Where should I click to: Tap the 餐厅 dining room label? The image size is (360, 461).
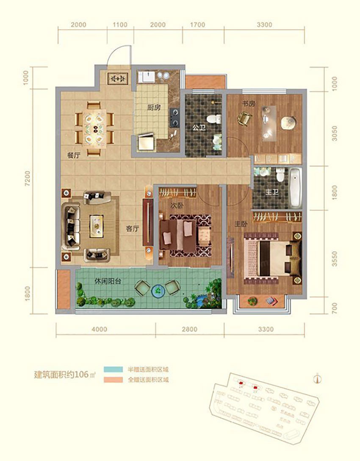click(74, 155)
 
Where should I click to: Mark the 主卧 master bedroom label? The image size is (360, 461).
click(241, 225)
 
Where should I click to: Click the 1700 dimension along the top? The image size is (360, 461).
click(197, 25)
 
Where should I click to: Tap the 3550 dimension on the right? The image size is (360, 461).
click(335, 257)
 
